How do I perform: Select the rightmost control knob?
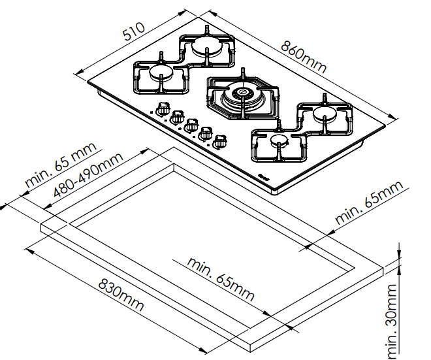(220, 140)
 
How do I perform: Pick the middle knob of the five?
(191, 124)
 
